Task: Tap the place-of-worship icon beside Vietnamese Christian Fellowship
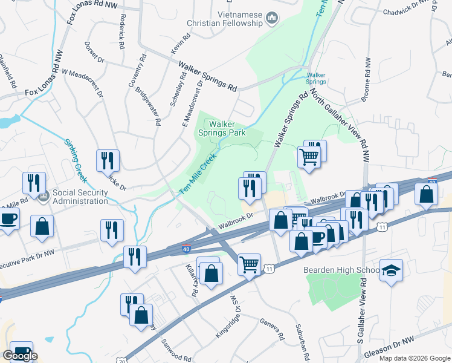point(271,19)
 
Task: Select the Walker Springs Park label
point(224,128)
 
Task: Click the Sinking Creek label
point(76,161)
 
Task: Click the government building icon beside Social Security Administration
point(43,196)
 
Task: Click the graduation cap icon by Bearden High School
point(391,270)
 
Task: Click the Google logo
point(20,356)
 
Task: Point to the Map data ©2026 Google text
point(415,358)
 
